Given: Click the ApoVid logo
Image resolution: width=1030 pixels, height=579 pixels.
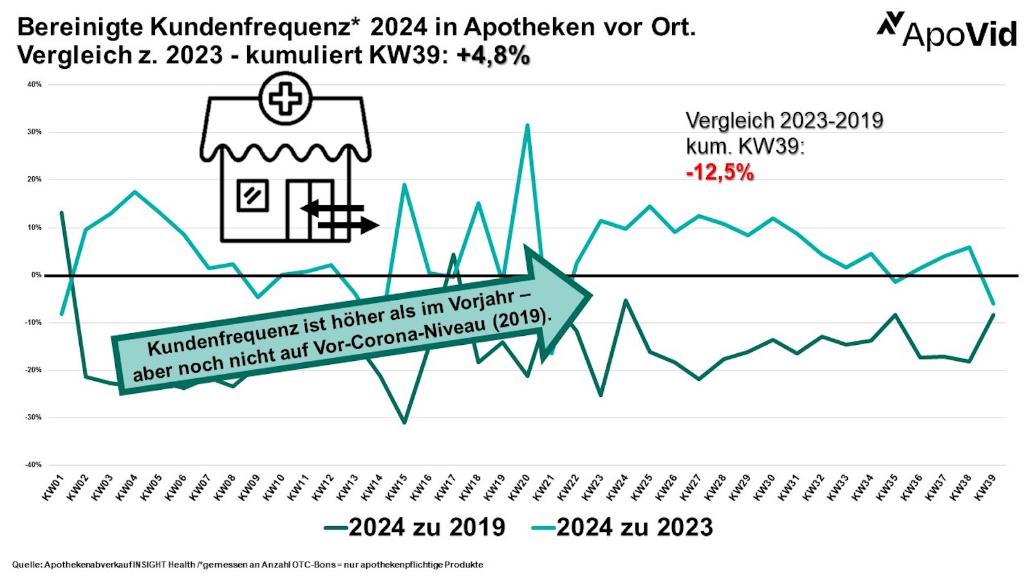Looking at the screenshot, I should point(947,30).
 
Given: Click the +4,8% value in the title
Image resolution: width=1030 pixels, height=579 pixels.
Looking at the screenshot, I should point(493,56).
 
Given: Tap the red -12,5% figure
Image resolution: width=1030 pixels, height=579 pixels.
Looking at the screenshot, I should point(720,172).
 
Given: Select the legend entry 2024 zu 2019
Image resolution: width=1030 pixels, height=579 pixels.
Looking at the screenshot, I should point(416,528).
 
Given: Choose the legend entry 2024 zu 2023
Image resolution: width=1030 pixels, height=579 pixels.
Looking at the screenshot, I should point(623,528).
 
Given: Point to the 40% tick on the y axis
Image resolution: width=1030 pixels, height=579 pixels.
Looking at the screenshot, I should point(34,84).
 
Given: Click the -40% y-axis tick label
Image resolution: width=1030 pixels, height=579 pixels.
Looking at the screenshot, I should point(33,464).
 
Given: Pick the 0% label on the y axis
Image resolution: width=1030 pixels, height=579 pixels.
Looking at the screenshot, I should point(36,275).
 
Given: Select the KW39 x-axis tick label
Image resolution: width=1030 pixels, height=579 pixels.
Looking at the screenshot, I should point(986,488).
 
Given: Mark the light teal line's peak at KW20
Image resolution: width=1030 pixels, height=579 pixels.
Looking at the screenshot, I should point(527,125).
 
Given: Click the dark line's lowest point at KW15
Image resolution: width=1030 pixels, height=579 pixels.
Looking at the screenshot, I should point(404,423).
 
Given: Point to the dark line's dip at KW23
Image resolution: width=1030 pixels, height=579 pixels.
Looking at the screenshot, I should point(601,395).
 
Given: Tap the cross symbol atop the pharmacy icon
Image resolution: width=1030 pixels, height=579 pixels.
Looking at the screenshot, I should point(285,99).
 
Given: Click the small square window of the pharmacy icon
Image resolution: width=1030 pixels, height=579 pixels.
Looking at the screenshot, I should point(252,195).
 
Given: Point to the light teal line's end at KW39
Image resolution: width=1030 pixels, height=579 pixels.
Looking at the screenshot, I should point(994,304).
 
